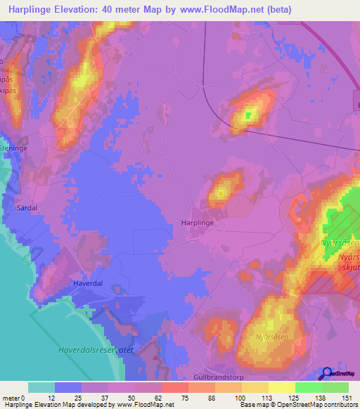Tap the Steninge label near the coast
click(13, 148)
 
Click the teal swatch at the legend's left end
click(41, 387)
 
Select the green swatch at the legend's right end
click(335, 387)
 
